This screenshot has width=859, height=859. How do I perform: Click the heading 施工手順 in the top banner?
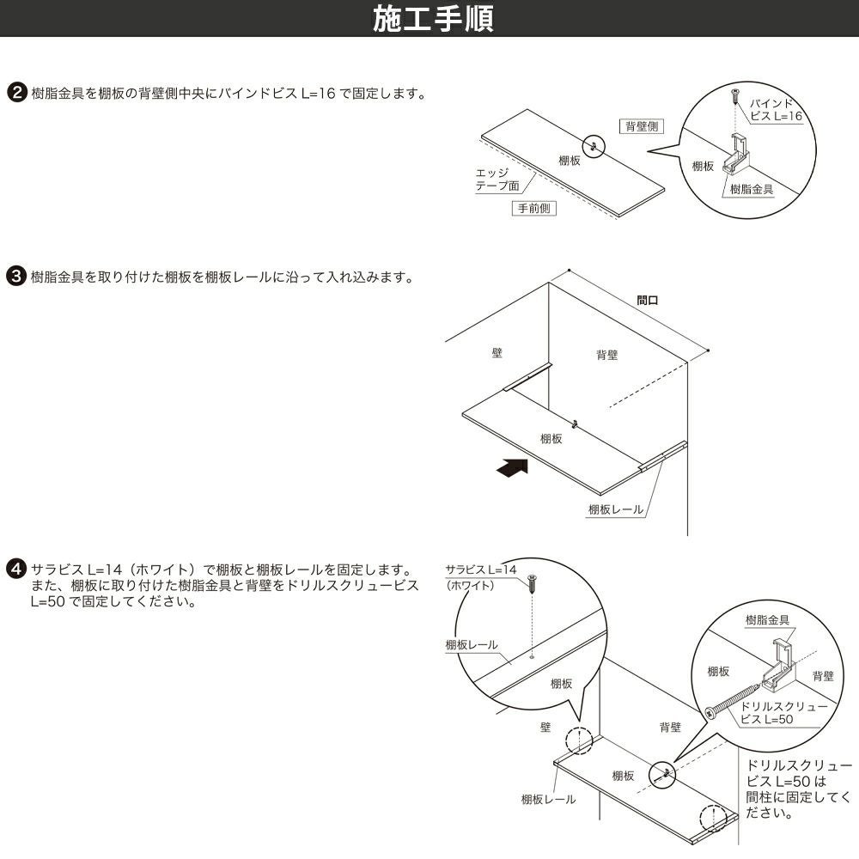click(433, 18)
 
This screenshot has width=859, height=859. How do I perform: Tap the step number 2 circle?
click(15, 93)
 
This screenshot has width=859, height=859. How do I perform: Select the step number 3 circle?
click(15, 277)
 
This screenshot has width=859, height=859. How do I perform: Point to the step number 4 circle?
click(15, 570)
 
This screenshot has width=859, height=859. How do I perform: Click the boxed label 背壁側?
click(641, 126)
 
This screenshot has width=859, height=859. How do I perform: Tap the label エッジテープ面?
click(497, 180)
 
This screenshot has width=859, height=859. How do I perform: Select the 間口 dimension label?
click(648, 302)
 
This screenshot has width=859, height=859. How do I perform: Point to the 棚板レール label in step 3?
click(615, 509)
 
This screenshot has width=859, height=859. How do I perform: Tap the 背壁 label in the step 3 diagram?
click(607, 354)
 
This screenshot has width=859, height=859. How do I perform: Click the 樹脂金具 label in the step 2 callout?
click(751, 189)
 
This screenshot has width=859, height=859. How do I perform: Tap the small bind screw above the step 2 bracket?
click(735, 94)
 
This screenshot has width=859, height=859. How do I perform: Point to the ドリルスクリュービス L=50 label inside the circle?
click(782, 712)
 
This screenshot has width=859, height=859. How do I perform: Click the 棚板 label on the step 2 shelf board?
click(569, 161)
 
